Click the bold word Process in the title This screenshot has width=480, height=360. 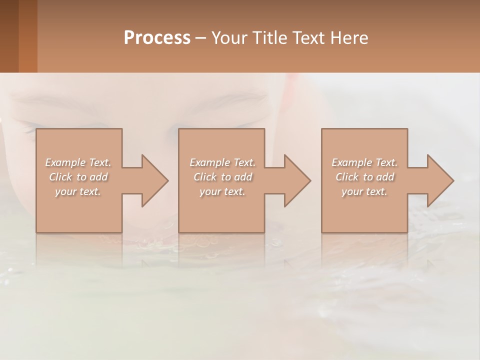click(x=157, y=38)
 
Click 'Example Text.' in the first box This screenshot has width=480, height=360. click(x=78, y=162)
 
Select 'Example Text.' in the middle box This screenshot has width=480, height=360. click(x=222, y=162)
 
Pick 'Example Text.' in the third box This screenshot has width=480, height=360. click(x=364, y=162)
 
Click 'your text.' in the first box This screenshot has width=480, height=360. click(x=78, y=191)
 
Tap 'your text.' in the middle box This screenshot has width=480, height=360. click(x=222, y=191)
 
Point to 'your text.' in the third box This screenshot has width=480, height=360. click(x=364, y=191)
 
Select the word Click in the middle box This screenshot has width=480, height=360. click(x=205, y=177)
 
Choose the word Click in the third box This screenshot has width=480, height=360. click(x=347, y=177)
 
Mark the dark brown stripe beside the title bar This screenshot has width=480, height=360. click(x=9, y=36)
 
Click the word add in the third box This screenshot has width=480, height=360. click(x=384, y=177)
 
